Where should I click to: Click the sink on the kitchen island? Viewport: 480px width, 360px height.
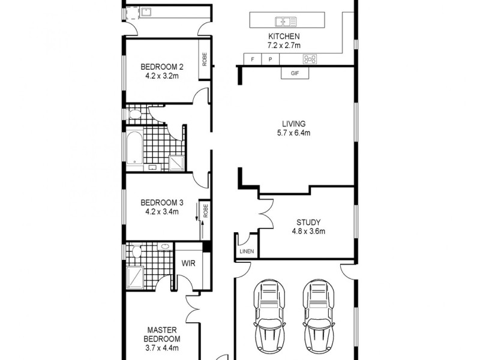(x=286, y=22)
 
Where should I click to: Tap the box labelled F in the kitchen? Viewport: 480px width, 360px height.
(x=253, y=59)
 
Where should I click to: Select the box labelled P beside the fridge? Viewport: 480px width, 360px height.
(x=270, y=59)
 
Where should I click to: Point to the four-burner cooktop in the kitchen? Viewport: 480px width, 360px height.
(x=311, y=59)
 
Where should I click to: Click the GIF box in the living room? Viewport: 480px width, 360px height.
(x=295, y=74)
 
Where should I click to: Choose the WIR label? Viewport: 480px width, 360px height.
(x=188, y=262)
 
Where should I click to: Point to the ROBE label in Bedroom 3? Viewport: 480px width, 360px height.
(x=205, y=211)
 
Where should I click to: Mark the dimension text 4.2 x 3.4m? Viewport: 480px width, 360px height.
(x=161, y=211)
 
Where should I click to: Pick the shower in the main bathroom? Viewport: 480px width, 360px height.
(x=176, y=162)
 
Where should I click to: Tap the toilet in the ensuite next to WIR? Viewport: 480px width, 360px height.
(x=136, y=251)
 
